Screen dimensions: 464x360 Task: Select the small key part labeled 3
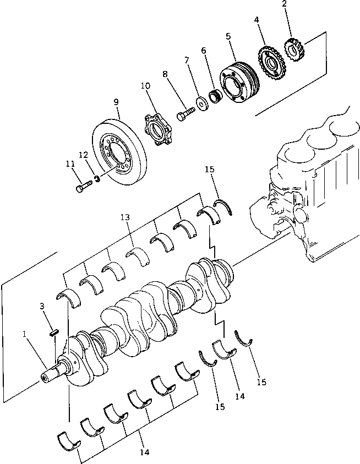pos(54,331)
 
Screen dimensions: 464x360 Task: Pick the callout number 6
pos(204,51)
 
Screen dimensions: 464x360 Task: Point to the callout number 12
pos(84,156)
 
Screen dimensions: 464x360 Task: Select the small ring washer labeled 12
pos(97,179)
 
